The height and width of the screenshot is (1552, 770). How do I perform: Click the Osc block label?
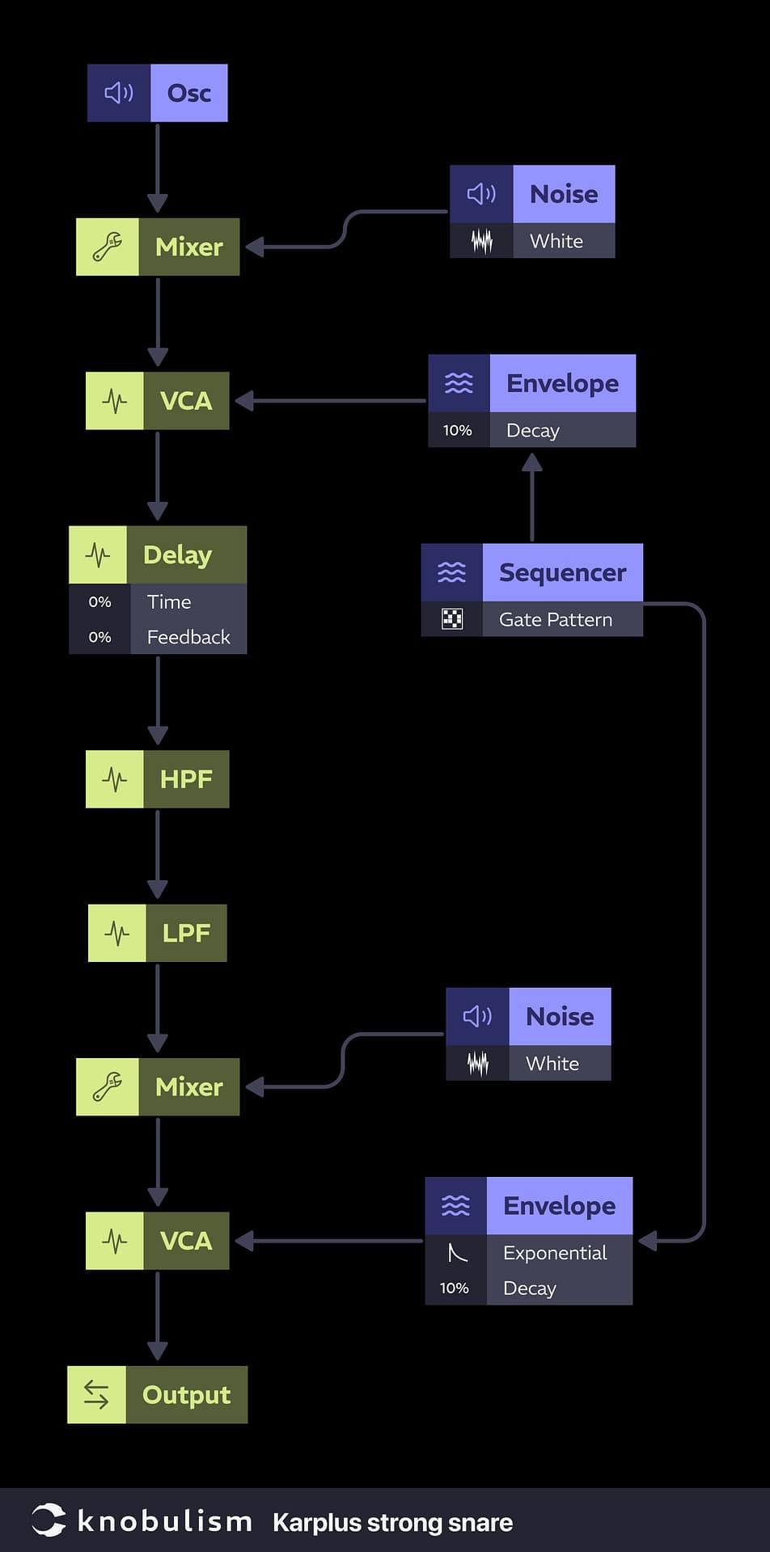pos(188,93)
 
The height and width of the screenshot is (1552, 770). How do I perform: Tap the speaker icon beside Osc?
pos(119,93)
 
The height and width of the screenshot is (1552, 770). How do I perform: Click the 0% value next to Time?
pos(99,602)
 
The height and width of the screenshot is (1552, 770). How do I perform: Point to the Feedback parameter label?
pos(188,638)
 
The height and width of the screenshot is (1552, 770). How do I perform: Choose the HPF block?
pos(185,779)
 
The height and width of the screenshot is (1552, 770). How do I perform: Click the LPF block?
pos(185,933)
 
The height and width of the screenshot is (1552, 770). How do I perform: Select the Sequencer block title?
pos(562,572)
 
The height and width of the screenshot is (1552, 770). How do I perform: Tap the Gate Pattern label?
pos(556,620)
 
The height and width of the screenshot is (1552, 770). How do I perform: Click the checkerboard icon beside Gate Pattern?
pos(452,619)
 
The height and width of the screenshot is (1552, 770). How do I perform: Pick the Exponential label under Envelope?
pos(555,1253)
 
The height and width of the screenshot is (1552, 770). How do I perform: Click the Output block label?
pos(186,1395)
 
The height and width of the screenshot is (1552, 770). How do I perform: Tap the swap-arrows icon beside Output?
pos(96,1394)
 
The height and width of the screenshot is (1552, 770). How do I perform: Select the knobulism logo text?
pos(164,1521)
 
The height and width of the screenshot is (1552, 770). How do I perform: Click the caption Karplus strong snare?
pos(392,1523)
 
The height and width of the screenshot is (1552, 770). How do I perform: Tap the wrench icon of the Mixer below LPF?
pos(108,1087)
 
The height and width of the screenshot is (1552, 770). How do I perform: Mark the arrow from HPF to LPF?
pos(158,854)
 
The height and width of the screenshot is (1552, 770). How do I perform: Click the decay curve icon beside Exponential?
pos(457,1253)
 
